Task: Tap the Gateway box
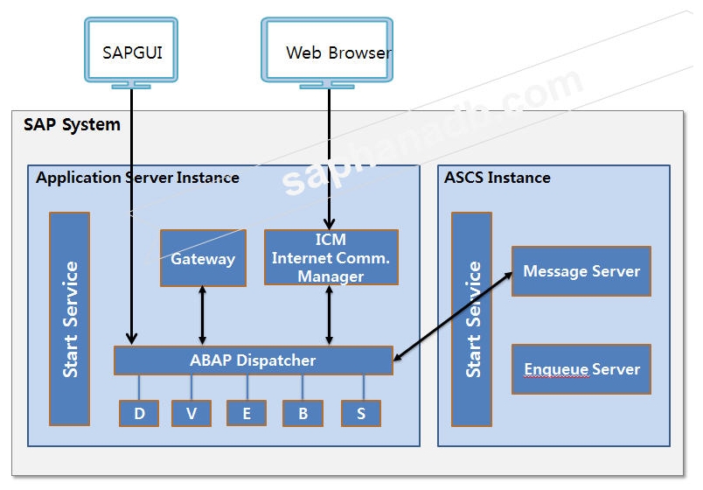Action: click(x=203, y=258)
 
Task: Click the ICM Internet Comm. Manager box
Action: click(x=331, y=257)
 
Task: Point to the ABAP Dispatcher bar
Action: click(x=253, y=360)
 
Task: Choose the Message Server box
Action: click(x=581, y=271)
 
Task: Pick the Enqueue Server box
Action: click(x=581, y=369)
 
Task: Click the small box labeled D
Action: click(x=139, y=414)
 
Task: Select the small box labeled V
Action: click(x=191, y=414)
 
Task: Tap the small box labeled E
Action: click(x=247, y=414)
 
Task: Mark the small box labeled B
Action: click(x=303, y=414)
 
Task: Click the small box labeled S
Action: click(x=361, y=414)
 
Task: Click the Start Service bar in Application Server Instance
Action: click(x=70, y=318)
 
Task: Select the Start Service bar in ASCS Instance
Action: click(x=472, y=318)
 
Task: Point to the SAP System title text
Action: click(x=72, y=124)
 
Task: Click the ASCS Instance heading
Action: click(x=497, y=178)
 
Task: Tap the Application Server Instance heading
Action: click(x=137, y=178)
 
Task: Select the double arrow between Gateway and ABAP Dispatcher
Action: click(x=203, y=316)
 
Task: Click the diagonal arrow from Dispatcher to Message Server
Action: click(x=453, y=316)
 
